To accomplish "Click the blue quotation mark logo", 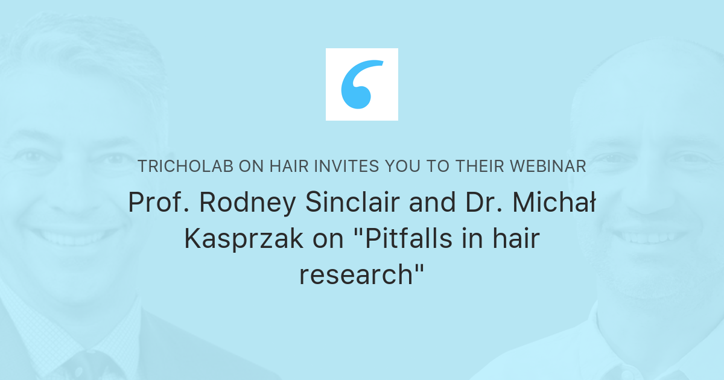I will pos(362,84).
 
